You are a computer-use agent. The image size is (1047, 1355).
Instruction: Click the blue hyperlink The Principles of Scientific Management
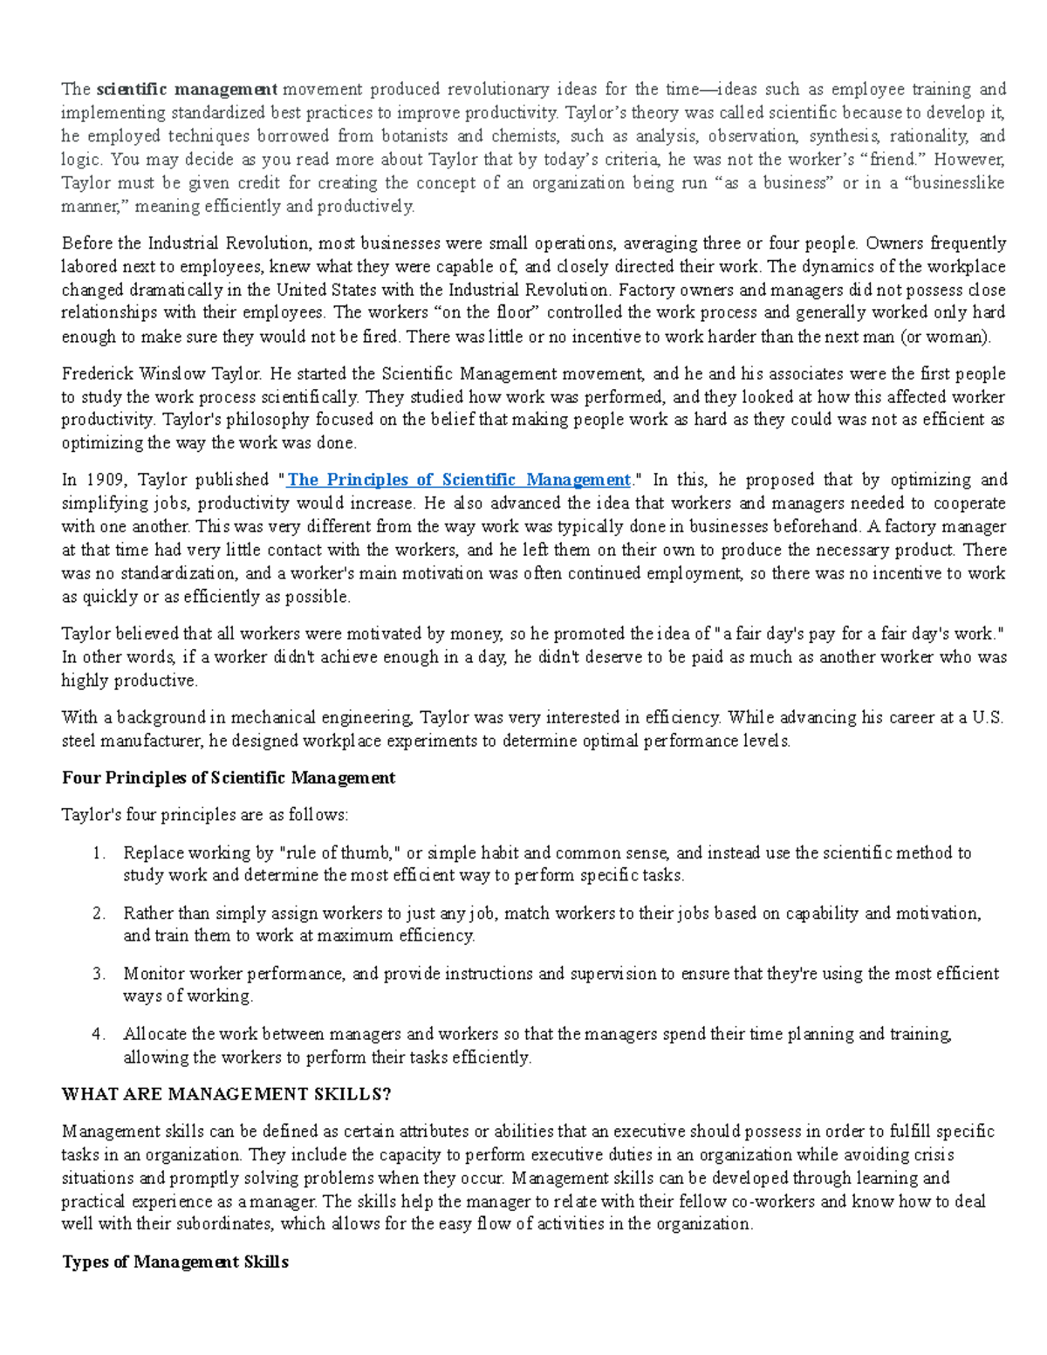point(459,480)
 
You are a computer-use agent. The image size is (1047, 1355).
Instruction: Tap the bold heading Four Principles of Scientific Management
point(228,777)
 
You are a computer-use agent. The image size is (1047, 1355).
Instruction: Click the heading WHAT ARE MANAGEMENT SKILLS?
point(227,1094)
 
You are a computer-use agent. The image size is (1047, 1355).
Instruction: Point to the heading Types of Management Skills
point(174,1262)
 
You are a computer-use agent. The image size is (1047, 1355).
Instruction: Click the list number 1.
point(99,853)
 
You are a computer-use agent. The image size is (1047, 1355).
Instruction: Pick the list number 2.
point(99,914)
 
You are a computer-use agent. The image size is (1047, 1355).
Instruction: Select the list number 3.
point(99,974)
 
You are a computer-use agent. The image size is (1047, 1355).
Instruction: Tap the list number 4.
point(99,1034)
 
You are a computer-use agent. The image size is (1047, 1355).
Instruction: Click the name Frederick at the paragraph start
point(94,374)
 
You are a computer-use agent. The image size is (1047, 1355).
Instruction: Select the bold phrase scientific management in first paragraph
point(187,89)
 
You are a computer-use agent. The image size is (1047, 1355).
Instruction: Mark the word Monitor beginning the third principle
point(154,974)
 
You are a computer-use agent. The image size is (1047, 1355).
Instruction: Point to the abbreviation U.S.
point(989,718)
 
